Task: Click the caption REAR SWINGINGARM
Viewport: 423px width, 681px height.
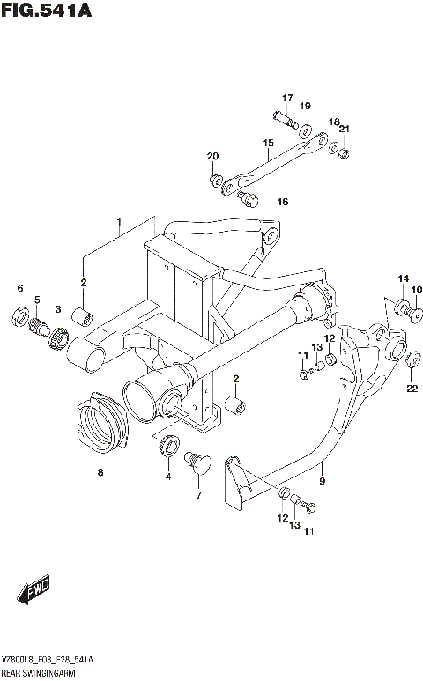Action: pyautogui.click(x=40, y=672)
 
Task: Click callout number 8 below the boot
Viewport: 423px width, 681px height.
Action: pyautogui.click(x=100, y=473)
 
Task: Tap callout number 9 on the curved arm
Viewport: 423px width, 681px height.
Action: pyautogui.click(x=323, y=481)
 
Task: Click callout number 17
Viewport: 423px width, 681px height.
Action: pyautogui.click(x=286, y=97)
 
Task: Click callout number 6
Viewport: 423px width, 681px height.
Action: pyautogui.click(x=19, y=288)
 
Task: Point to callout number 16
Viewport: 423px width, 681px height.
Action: pyautogui.click(x=283, y=202)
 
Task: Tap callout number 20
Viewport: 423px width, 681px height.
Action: pyautogui.click(x=212, y=157)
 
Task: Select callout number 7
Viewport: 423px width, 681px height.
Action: pyautogui.click(x=198, y=495)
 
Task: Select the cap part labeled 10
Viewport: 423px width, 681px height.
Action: pyautogui.click(x=417, y=311)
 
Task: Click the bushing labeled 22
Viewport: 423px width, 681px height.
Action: pyautogui.click(x=411, y=357)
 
